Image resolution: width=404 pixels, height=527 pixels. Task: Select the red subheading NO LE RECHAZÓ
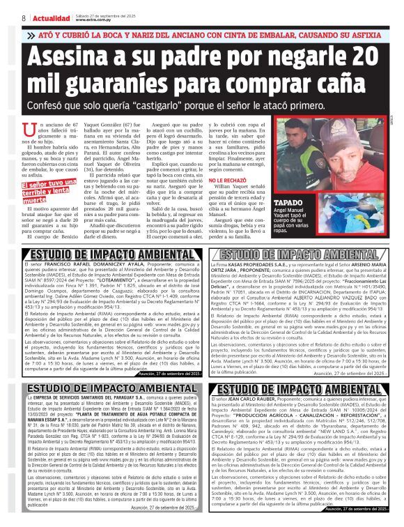pos(231,180)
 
